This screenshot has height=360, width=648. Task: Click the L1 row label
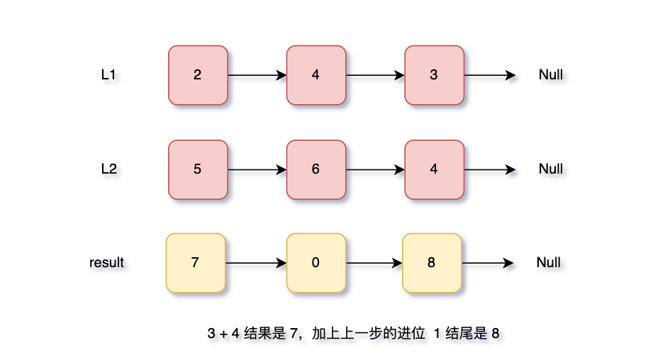(x=108, y=74)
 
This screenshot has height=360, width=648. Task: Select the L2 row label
(x=108, y=169)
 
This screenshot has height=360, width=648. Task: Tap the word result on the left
(x=106, y=262)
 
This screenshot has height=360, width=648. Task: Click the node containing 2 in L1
(x=197, y=75)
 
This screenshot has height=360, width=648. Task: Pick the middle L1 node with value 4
(x=315, y=75)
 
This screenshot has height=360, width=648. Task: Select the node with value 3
(x=434, y=75)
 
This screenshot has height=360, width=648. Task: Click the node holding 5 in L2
(x=197, y=169)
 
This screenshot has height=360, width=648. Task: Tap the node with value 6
(x=315, y=169)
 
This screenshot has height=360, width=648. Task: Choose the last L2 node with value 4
(x=434, y=169)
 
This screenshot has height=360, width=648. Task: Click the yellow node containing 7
(x=195, y=263)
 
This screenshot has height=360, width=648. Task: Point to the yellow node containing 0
(x=315, y=263)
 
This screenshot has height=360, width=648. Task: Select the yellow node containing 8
(x=432, y=263)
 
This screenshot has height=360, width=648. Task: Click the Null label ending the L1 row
(x=551, y=74)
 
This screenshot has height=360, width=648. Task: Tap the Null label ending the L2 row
(x=551, y=169)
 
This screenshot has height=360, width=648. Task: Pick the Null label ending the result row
(x=549, y=262)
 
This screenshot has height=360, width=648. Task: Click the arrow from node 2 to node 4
(x=257, y=75)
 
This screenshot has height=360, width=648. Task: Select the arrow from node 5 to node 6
(x=257, y=169)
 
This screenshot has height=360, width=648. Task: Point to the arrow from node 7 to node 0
(x=255, y=263)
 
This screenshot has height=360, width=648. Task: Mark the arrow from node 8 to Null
(x=487, y=263)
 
